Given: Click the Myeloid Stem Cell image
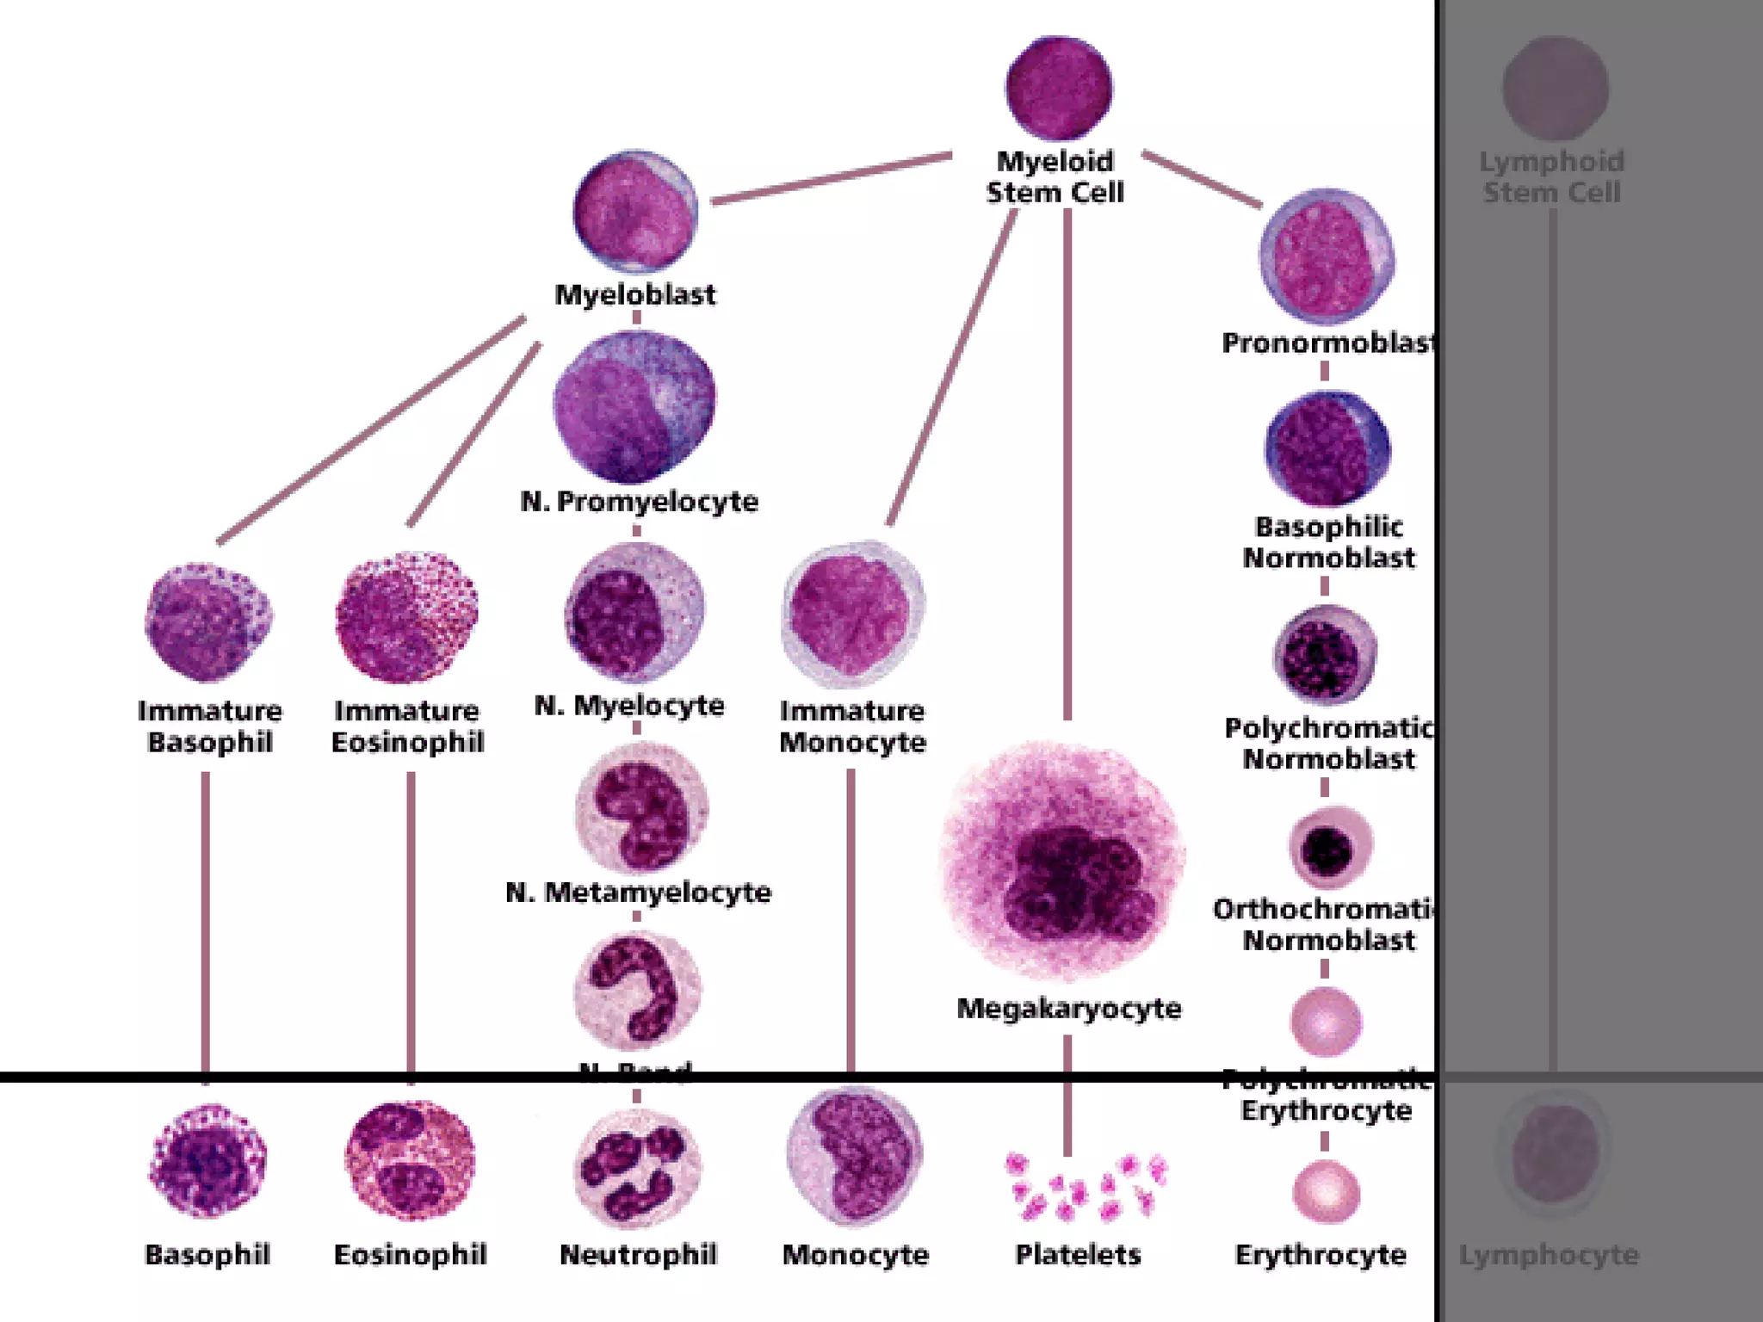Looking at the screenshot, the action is pyautogui.click(x=1058, y=88).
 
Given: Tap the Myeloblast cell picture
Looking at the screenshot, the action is pyautogui.click(x=635, y=212).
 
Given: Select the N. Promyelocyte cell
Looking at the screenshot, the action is pyautogui.click(x=634, y=406).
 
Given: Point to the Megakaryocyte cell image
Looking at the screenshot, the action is pyautogui.click(x=1064, y=861).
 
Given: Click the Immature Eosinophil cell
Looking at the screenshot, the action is pyautogui.click(x=407, y=619).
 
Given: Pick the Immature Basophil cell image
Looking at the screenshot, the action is pyautogui.click(x=208, y=621).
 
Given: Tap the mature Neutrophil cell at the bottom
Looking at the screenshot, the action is pyautogui.click(x=637, y=1169).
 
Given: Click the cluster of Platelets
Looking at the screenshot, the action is pyautogui.click(x=1086, y=1186).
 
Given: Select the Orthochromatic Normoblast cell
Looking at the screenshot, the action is pyautogui.click(x=1328, y=848).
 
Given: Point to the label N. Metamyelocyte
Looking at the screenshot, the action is pyautogui.click(x=638, y=893).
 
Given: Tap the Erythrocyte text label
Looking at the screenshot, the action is pyautogui.click(x=1321, y=1255).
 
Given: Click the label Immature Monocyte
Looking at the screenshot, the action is pyautogui.click(x=852, y=726).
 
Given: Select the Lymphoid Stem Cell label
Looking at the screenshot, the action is pyautogui.click(x=1551, y=176).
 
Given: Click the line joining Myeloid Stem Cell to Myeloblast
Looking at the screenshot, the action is pyautogui.click(x=832, y=178).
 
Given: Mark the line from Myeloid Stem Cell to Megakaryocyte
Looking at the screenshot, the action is pyautogui.click(x=1067, y=465).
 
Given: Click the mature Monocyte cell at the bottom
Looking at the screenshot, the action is pyautogui.click(x=854, y=1155).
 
